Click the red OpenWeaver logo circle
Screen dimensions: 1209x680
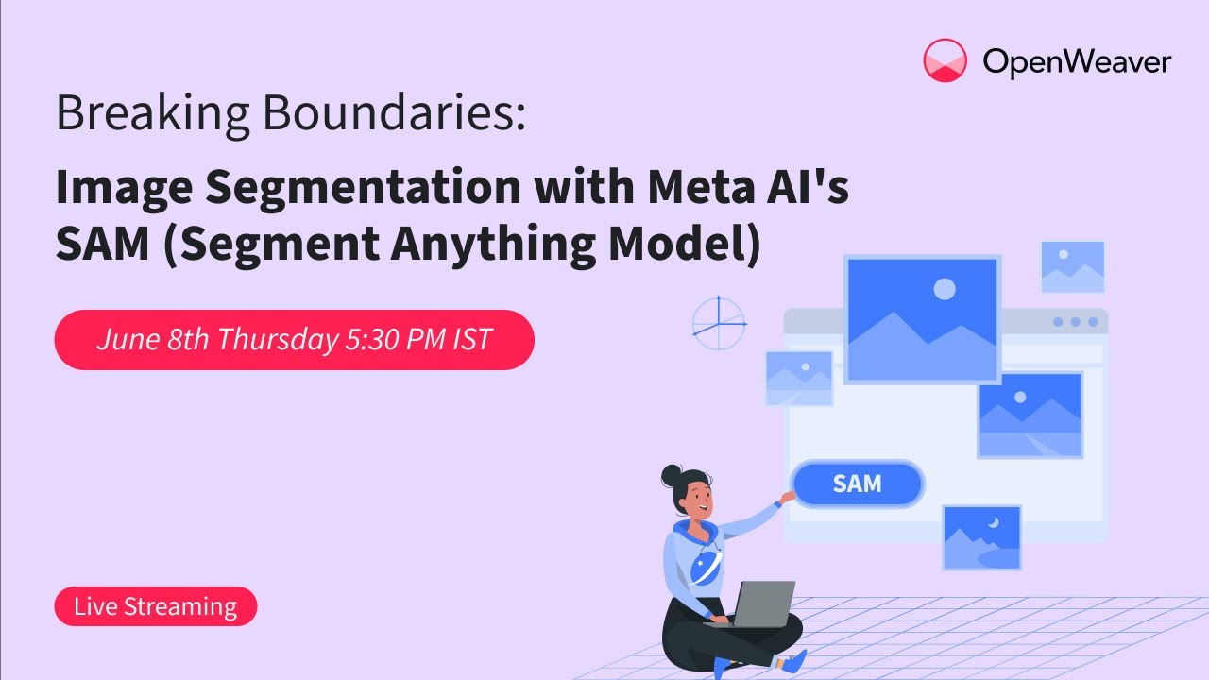tap(945, 60)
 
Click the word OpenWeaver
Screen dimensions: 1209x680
tap(1077, 62)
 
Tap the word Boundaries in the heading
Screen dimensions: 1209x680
tap(394, 112)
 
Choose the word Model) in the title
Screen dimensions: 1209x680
tap(685, 244)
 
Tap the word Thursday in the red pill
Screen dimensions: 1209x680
tap(278, 340)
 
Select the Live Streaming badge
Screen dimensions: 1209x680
tap(156, 606)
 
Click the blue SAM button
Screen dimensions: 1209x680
tap(857, 484)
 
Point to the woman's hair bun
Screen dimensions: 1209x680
tap(672, 475)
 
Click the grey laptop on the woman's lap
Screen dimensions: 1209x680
tap(756, 604)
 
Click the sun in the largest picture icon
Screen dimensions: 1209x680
tap(945, 289)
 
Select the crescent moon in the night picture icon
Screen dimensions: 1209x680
tap(994, 522)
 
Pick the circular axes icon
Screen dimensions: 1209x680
tap(719, 324)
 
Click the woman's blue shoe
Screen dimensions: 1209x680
tap(794, 662)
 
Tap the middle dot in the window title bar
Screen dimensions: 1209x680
tap(1076, 322)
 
